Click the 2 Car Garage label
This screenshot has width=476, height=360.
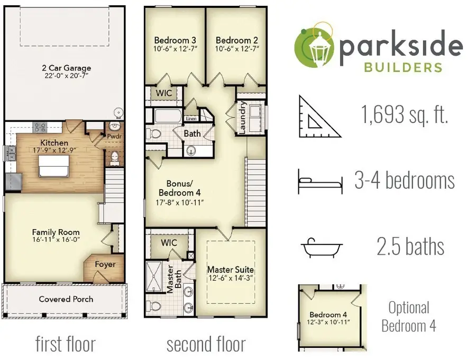pyautogui.click(x=67, y=68)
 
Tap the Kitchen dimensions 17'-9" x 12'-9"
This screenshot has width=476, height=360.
pyautogui.click(x=54, y=150)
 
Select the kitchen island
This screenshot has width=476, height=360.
pyautogui.click(x=53, y=166)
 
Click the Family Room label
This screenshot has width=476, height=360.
pyautogui.click(x=56, y=232)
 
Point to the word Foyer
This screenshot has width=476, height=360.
pyautogui.click(x=105, y=264)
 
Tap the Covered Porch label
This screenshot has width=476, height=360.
pyautogui.click(x=66, y=299)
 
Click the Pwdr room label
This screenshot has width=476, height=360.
pyautogui.click(x=114, y=137)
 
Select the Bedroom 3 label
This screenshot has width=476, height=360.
pyautogui.click(x=175, y=40)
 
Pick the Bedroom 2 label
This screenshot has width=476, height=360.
pyautogui.click(x=237, y=40)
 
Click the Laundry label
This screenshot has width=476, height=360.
pyautogui.click(x=242, y=118)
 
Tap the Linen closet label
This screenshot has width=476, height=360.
pyautogui.click(x=191, y=119)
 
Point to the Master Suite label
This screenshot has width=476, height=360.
pyautogui.click(x=231, y=269)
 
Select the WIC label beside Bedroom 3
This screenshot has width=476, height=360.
pyautogui.click(x=163, y=93)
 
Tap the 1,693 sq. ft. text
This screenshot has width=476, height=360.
pyautogui.click(x=405, y=114)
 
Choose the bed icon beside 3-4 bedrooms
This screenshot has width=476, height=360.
pyautogui.click(x=321, y=182)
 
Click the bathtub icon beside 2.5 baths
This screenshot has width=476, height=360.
pyautogui.click(x=322, y=248)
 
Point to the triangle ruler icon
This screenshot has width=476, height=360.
pyautogui.click(x=319, y=116)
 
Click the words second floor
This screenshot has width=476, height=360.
pyautogui.click(x=206, y=344)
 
